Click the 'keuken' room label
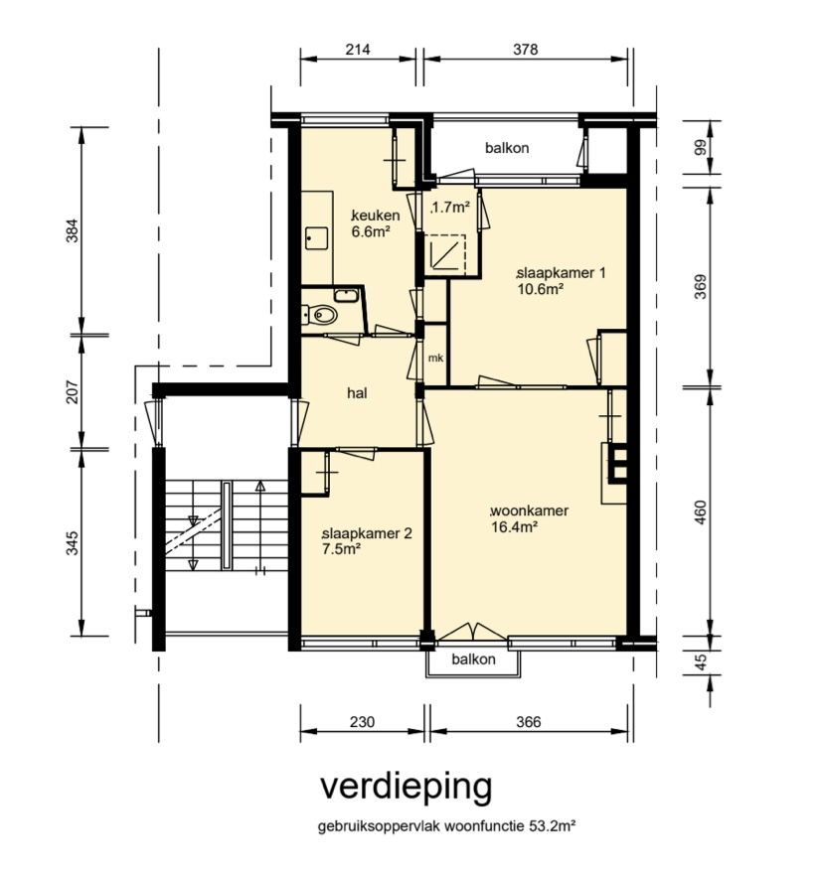[x=377, y=216]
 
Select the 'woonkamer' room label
[x=530, y=511]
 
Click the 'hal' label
[x=358, y=393]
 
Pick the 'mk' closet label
[x=434, y=358]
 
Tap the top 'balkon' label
[x=507, y=148]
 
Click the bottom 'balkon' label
[x=473, y=659]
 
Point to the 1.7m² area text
[x=449, y=209]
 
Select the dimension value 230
[x=363, y=723]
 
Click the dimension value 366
[x=529, y=723]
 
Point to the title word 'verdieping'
[x=406, y=786]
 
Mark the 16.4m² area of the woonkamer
[x=514, y=527]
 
